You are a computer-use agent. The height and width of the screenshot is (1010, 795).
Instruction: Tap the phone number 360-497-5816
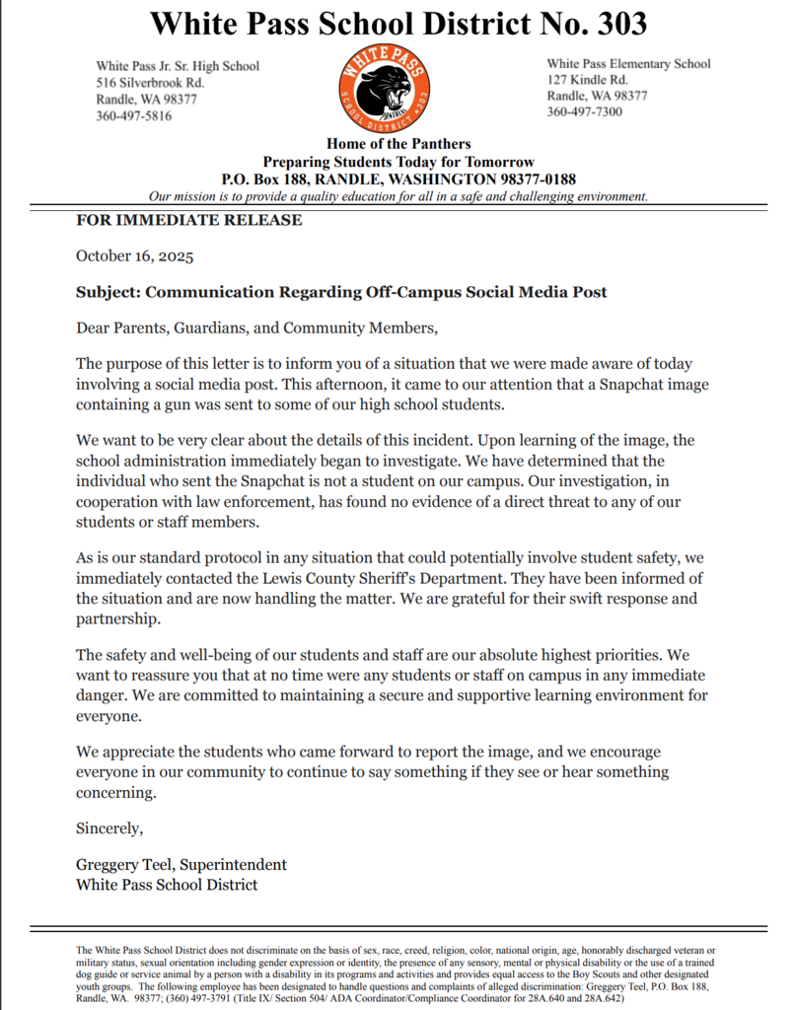[133, 115]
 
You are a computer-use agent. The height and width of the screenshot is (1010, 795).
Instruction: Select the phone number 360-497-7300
[585, 112]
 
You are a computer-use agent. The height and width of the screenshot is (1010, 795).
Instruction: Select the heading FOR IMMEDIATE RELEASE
[189, 220]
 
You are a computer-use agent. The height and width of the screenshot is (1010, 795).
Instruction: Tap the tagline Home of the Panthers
[398, 144]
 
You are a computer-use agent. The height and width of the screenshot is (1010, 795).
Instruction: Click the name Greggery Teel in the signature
[122, 865]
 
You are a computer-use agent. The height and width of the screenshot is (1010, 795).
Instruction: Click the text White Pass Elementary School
[628, 64]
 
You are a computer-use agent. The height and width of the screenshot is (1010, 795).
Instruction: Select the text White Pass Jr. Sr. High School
[178, 66]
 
